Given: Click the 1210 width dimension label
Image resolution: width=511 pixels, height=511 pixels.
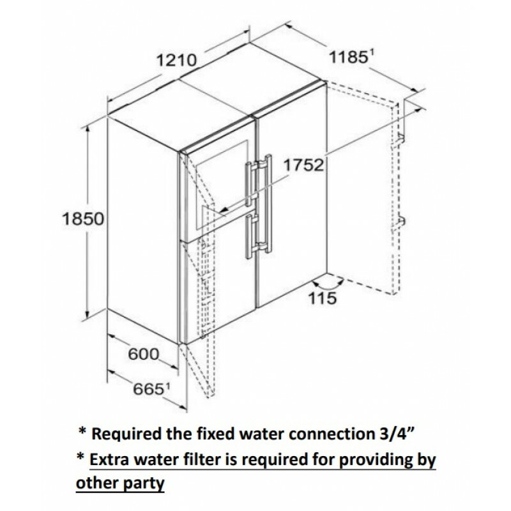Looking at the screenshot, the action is [175, 61].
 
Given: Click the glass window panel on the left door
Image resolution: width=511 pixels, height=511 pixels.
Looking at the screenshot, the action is [211, 185].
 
